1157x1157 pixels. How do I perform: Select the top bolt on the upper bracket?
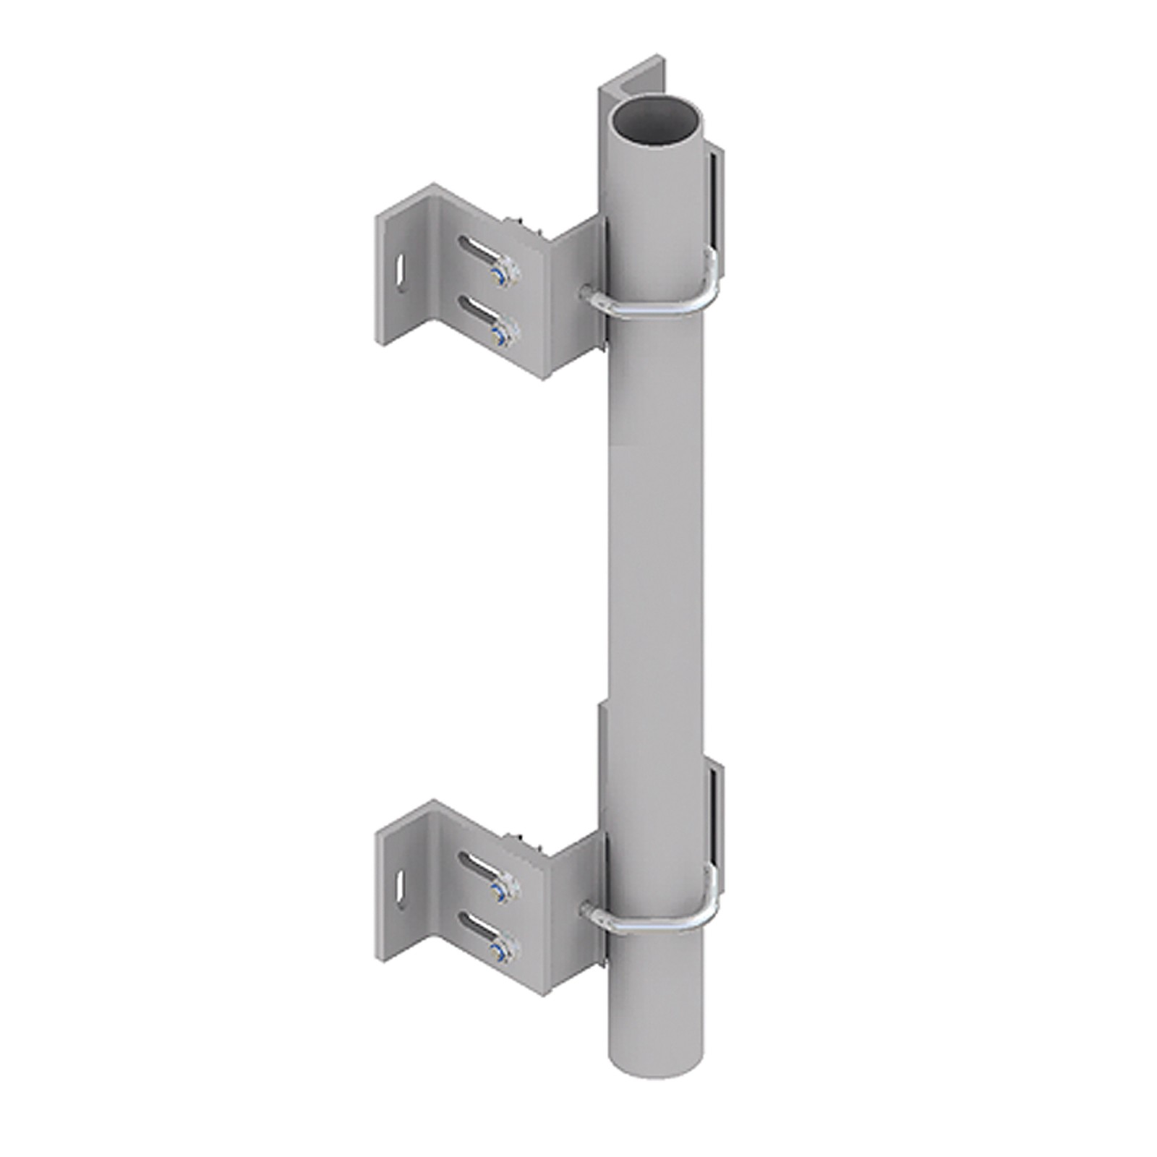[x=502, y=274]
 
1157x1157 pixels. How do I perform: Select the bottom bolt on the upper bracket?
[x=499, y=333]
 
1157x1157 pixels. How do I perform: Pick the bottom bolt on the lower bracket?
[x=499, y=952]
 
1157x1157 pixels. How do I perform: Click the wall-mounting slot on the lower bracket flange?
[x=398, y=891]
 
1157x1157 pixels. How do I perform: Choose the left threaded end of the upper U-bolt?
[x=587, y=291]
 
